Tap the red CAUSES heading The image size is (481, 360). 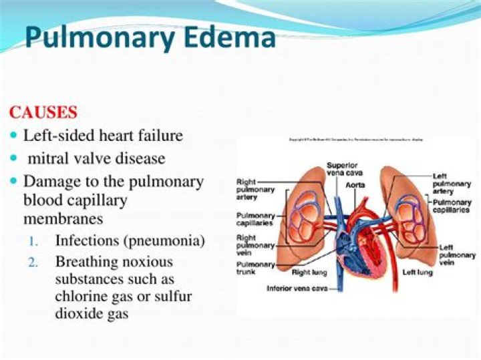coord(43,112)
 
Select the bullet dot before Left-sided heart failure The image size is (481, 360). coord(15,136)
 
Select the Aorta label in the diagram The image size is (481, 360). coord(355,184)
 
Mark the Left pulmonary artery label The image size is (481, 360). coord(452,184)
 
